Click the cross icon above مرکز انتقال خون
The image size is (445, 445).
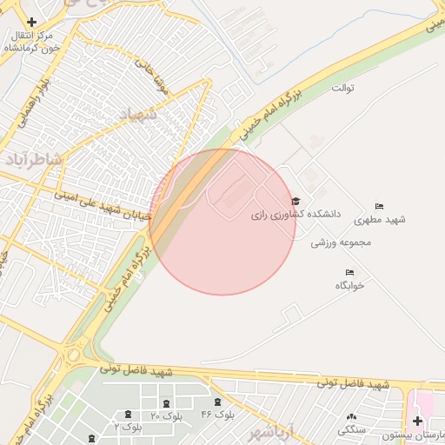click(32, 22)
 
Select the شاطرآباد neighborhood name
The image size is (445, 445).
click(36, 159)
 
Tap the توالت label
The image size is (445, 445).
click(344, 89)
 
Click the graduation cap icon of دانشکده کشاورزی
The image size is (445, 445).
click(296, 201)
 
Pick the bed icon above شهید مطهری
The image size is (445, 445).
click(379, 206)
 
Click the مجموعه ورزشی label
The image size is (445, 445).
click(342, 242)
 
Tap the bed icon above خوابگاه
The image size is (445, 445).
click(349, 273)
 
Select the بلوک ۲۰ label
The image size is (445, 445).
click(166, 416)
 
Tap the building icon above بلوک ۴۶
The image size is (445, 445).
click(217, 402)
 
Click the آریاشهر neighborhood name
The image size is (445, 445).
click(275, 432)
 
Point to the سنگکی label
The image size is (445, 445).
click(352, 429)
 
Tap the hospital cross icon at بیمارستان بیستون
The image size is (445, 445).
click(418, 421)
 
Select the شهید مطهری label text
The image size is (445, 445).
click(386, 219)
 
